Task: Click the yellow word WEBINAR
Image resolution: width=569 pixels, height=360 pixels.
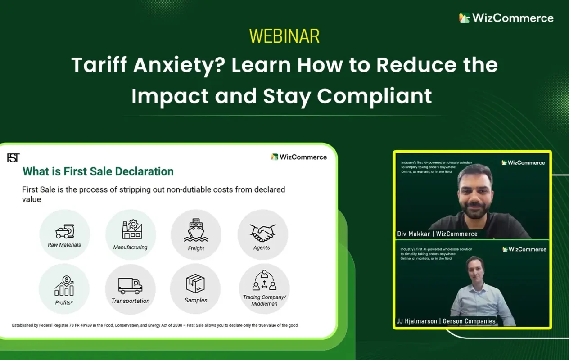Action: [x=284, y=36]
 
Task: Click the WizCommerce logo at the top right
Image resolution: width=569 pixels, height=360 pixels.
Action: [x=506, y=18]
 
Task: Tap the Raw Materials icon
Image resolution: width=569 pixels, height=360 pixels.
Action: [x=64, y=231]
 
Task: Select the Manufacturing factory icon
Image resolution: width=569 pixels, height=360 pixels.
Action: [x=131, y=229]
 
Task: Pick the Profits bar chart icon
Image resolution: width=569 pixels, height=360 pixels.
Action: [x=64, y=286]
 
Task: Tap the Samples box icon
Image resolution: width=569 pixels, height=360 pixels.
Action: [x=195, y=283]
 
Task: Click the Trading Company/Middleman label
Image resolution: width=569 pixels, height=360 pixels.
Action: [x=264, y=300]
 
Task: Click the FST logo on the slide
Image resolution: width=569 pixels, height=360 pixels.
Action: [x=14, y=158]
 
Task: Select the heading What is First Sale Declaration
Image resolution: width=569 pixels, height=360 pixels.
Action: [x=98, y=171]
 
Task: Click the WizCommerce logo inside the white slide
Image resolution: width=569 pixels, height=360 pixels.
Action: [x=299, y=157]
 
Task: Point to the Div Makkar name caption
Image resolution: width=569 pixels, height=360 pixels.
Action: [x=437, y=234]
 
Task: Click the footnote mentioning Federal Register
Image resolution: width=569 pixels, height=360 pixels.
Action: [x=154, y=325]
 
